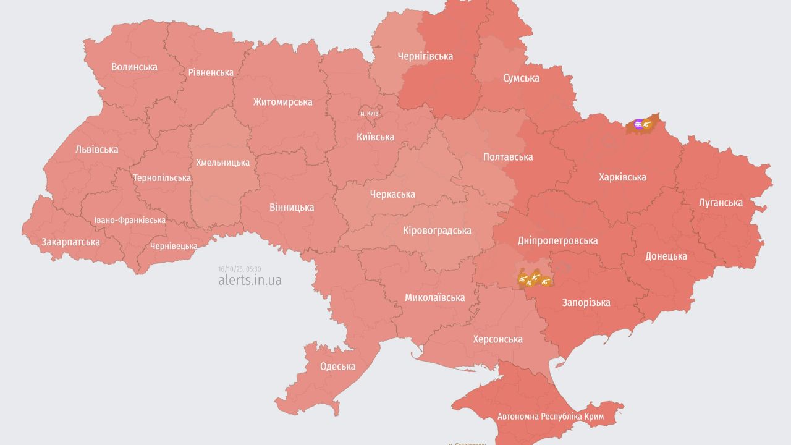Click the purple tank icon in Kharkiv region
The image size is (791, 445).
click(638, 124)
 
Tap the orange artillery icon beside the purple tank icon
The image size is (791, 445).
click(648, 124)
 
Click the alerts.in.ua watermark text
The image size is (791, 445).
click(250, 280)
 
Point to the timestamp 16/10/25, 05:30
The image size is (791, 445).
click(239, 269)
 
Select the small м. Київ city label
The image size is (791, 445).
click(370, 114)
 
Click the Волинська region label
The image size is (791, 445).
click(134, 67)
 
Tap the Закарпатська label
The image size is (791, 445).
click(70, 242)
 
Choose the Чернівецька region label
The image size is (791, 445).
click(174, 246)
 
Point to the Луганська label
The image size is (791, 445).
click(721, 202)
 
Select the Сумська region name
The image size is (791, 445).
click(521, 78)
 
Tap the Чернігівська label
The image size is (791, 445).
click(425, 56)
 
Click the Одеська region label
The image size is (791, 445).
click(337, 366)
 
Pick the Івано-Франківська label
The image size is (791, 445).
click(130, 220)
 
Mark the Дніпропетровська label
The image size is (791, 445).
click(557, 240)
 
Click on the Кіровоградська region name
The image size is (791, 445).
click(437, 231)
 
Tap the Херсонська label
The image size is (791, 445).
click(497, 339)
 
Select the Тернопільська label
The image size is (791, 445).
click(162, 178)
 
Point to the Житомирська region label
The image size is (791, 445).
click(282, 102)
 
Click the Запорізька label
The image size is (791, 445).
click(586, 302)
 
